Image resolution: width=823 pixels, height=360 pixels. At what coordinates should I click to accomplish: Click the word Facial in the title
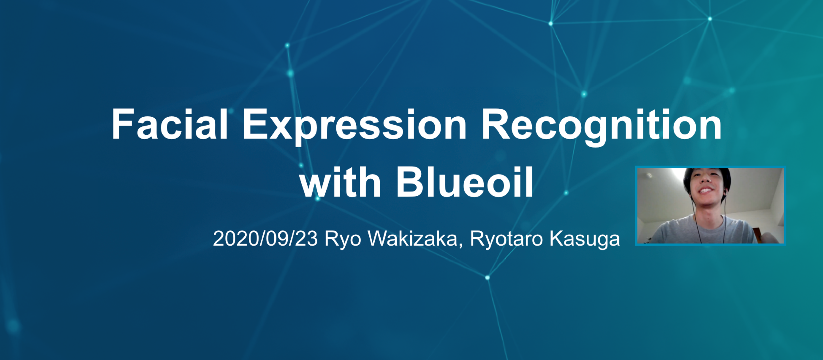coord(169,124)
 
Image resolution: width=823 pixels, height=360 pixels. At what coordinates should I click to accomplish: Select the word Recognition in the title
coord(601,125)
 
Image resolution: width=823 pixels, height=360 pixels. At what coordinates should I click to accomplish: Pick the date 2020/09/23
coord(265,239)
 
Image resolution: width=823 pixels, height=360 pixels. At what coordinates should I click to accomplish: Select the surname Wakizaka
coord(413,239)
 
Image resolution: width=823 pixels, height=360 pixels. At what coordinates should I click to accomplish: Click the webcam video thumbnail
coord(710,206)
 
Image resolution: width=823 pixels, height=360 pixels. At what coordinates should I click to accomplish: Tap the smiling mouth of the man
coord(706,191)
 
